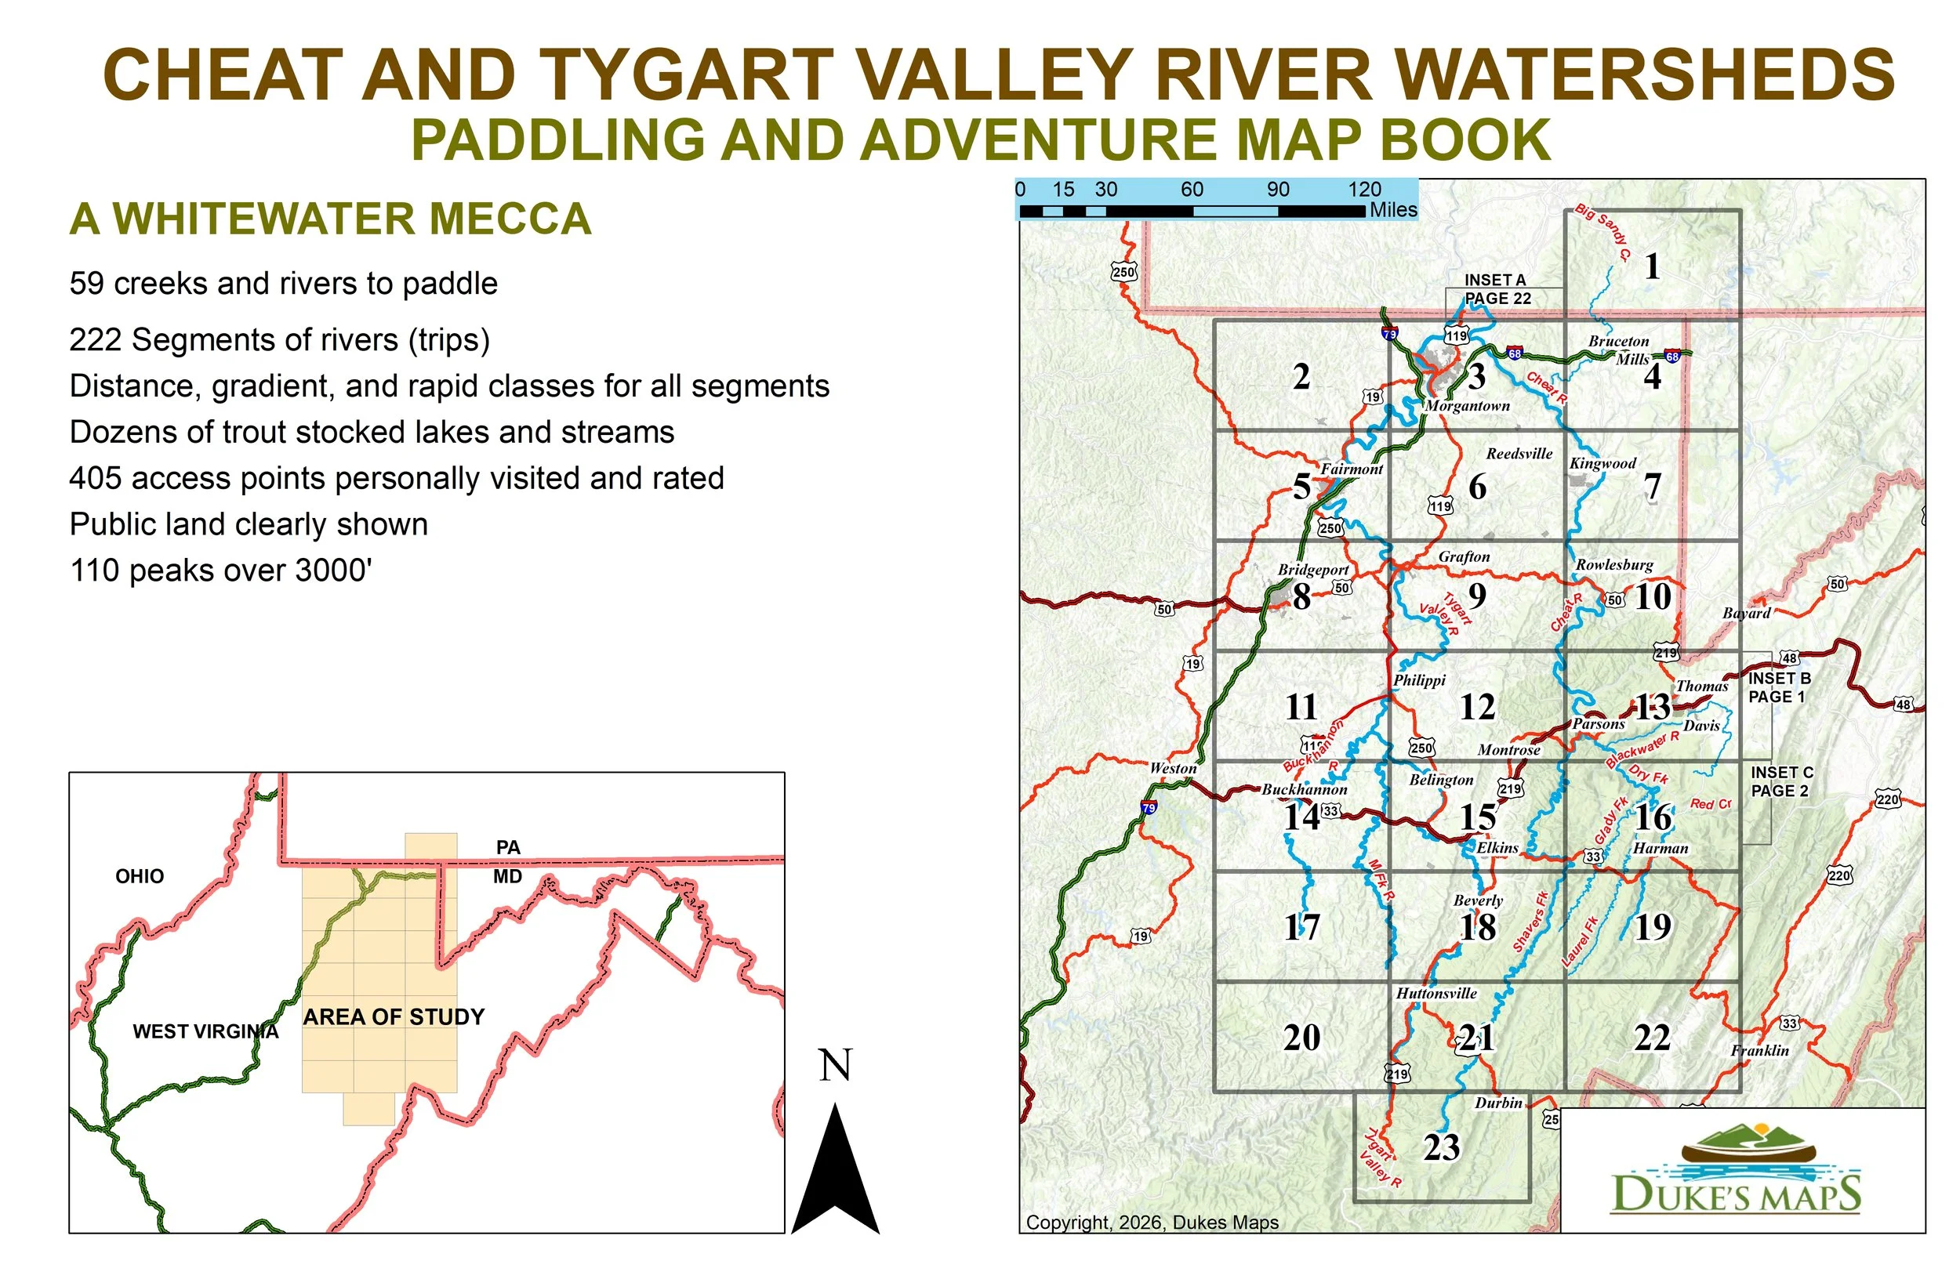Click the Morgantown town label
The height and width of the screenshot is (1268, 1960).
coord(1467,406)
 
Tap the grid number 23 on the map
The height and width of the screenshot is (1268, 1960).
coord(1441,1148)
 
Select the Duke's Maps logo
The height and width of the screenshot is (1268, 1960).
coord(1734,1170)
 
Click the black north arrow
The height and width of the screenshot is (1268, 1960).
coord(835,1170)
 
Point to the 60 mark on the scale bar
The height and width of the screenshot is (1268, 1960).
coord(1192,190)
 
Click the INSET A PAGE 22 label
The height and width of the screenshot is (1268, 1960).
coord(1497,290)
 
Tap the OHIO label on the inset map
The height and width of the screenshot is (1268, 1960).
coord(140,876)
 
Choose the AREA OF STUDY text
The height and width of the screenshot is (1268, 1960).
coord(394,1017)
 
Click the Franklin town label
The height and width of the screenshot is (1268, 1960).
coord(1759,1051)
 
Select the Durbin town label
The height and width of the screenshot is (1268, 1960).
coord(1498,1103)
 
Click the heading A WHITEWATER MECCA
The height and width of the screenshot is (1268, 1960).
coord(330,219)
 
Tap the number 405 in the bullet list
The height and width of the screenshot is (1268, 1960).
coord(94,478)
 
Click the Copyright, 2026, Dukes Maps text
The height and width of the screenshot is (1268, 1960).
coord(1152,1223)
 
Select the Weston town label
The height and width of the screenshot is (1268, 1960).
coord(1173,768)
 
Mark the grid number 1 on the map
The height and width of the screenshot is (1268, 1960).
coord(1652,266)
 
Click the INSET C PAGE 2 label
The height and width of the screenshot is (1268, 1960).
coord(1781,781)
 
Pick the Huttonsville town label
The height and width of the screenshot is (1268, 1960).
coord(1436,994)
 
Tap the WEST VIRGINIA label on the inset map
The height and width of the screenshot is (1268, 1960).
coord(206,1031)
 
